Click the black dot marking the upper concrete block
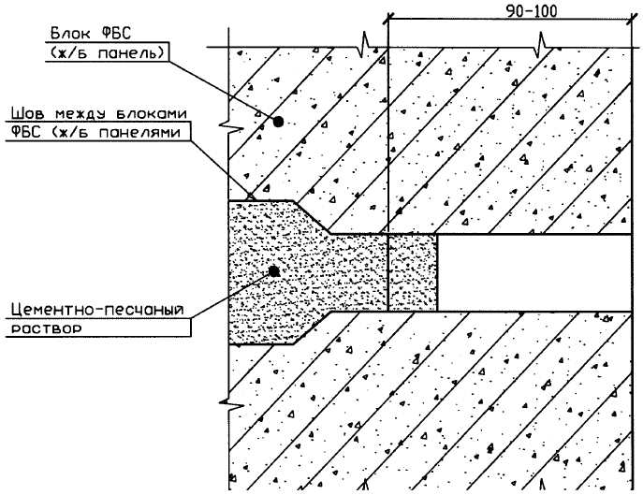click(278, 122)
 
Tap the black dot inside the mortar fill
click(272, 270)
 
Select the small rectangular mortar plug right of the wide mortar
click(412, 271)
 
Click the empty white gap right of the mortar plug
click(538, 271)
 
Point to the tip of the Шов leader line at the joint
click(250, 197)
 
